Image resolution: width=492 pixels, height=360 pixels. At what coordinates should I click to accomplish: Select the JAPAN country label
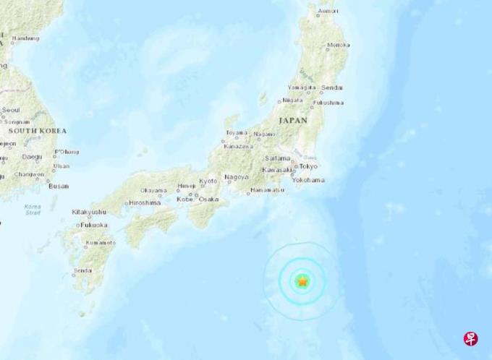pyautogui.click(x=293, y=121)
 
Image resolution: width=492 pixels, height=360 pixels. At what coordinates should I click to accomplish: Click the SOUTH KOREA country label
pyautogui.click(x=37, y=131)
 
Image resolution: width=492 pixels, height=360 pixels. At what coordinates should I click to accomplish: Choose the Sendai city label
pyautogui.click(x=334, y=87)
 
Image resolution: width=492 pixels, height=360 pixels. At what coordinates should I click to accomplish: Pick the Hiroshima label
pyautogui.click(x=145, y=203)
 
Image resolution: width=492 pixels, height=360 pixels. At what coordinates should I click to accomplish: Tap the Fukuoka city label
pyautogui.click(x=94, y=225)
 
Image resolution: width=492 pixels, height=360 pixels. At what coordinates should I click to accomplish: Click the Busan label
pyautogui.click(x=58, y=186)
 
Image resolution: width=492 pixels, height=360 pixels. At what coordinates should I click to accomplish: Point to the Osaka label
pyautogui.click(x=208, y=198)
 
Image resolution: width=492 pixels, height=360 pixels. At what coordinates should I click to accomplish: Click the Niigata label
pyautogui.click(x=292, y=100)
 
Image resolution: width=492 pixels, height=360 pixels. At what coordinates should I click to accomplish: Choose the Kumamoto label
pyautogui.click(x=99, y=243)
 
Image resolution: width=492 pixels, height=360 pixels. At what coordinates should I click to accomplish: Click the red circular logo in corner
pyautogui.click(x=471, y=338)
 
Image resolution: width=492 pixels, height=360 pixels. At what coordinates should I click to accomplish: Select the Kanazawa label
pyautogui.click(x=239, y=146)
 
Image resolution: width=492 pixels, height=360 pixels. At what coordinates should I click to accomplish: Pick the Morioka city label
pyautogui.click(x=338, y=46)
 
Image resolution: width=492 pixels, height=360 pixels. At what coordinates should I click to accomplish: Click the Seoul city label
pyautogui.click(x=11, y=111)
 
